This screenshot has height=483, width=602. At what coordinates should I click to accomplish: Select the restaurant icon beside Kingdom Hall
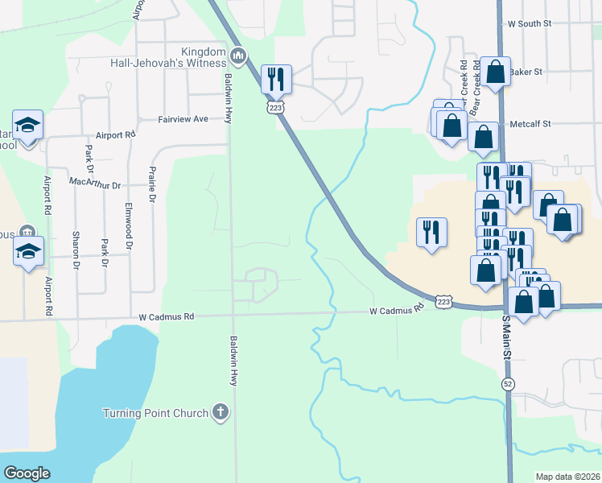(275, 78)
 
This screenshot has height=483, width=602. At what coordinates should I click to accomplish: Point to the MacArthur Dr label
(95, 184)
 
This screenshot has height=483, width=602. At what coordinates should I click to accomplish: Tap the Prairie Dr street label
(151, 185)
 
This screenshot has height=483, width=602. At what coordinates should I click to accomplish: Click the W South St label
(529, 24)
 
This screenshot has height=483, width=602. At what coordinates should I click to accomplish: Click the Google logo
(27, 473)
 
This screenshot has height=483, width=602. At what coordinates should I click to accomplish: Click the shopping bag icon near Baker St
(496, 72)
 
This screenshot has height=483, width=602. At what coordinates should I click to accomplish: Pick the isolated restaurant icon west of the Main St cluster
(431, 232)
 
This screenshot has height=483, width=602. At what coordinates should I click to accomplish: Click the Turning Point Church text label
(155, 414)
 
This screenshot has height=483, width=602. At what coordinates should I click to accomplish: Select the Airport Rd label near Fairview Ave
(115, 135)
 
